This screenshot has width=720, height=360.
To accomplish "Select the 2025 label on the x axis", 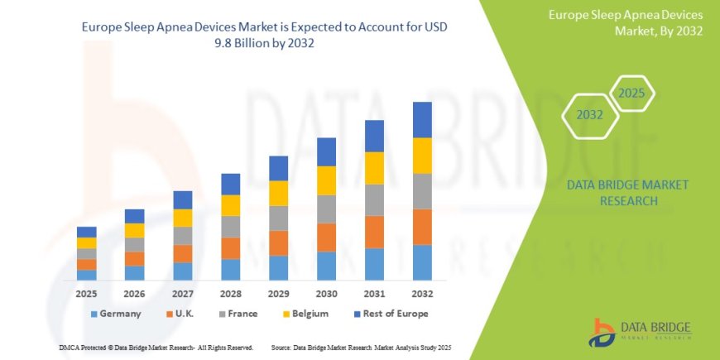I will (x=86, y=294).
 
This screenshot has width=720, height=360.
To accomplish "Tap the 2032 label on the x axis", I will (x=422, y=294).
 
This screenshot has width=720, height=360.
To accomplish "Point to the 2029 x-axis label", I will (x=278, y=294).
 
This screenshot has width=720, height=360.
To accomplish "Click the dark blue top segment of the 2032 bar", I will (x=422, y=119).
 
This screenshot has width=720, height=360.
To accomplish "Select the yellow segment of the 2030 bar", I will (x=326, y=180).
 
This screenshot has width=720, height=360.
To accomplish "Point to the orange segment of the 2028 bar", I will (x=230, y=248).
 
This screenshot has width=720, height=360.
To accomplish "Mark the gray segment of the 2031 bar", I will (x=374, y=199).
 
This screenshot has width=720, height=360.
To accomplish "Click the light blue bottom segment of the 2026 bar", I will (x=134, y=272).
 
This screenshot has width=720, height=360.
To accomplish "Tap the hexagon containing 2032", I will (x=589, y=115).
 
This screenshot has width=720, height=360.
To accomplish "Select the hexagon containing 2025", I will (x=631, y=94).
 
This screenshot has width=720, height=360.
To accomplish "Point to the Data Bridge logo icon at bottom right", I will (x=602, y=332).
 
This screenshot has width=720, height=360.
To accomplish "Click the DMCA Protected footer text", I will (x=156, y=347).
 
